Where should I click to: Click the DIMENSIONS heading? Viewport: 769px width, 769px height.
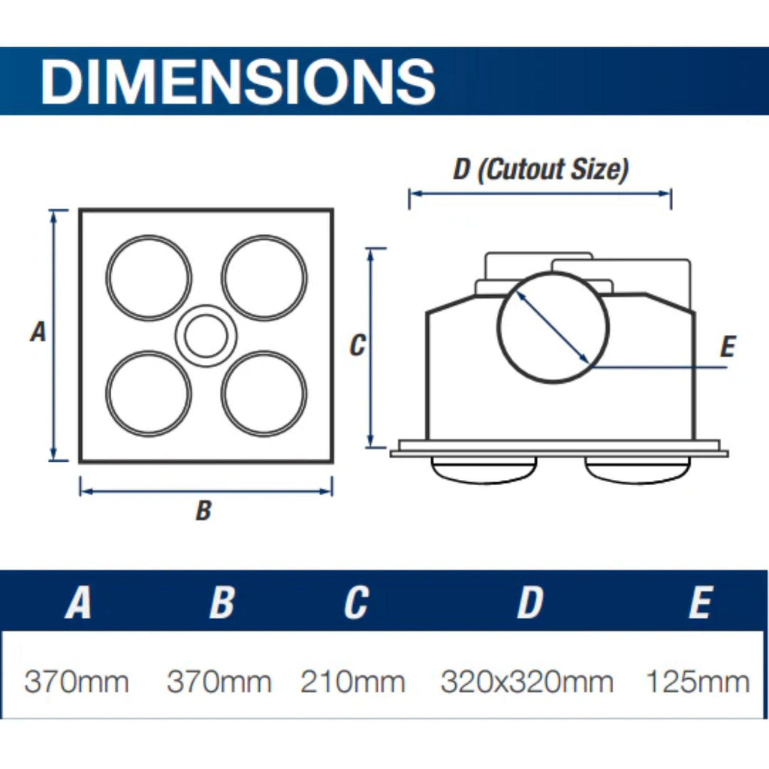(x=238, y=81)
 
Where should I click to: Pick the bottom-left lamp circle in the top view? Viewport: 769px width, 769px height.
(x=149, y=351)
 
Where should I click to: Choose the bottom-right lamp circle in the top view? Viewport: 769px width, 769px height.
(x=264, y=351)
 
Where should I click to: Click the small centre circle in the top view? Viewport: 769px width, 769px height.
(x=206, y=306)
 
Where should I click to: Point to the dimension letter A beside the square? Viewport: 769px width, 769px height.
(x=38, y=331)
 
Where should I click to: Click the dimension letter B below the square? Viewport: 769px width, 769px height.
(x=204, y=511)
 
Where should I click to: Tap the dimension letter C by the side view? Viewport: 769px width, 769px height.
(x=357, y=345)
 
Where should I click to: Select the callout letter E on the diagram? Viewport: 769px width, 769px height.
(x=728, y=347)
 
